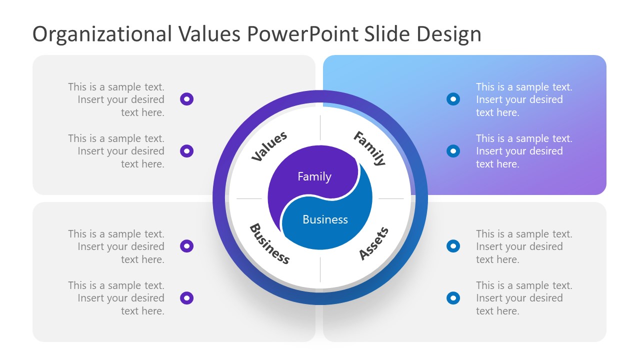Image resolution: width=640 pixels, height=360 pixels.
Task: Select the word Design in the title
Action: (x=449, y=34)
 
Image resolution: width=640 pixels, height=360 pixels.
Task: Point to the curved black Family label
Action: (x=370, y=148)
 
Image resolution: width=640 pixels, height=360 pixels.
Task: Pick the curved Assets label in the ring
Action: (x=373, y=243)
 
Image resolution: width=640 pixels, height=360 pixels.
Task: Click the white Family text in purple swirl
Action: (x=314, y=176)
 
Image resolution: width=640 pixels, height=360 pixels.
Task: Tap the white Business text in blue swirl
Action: (x=325, y=219)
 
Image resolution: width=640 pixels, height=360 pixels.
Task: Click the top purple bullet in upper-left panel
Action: (x=186, y=99)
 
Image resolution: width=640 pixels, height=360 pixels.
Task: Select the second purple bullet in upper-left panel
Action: (x=186, y=150)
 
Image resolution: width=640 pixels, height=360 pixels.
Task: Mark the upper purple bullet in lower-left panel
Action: (x=186, y=246)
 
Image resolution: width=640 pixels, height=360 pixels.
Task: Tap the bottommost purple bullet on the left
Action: (x=186, y=298)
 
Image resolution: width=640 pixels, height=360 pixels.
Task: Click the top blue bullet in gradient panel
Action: (x=453, y=99)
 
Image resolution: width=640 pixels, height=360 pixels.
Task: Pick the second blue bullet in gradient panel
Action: (x=453, y=150)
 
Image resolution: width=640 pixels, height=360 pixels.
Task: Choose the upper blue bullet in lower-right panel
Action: (x=453, y=246)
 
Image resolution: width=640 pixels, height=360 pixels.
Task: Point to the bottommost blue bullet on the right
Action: (x=453, y=298)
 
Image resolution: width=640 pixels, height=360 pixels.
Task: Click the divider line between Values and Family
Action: (x=320, y=127)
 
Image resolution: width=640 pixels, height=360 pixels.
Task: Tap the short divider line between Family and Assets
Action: (x=391, y=198)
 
